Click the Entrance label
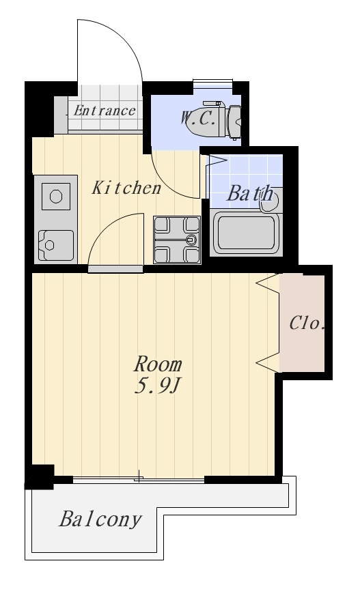coord(104,111)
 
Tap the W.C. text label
coord(198,118)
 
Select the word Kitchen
coord(126,188)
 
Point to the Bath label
coord(250,194)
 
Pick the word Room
coord(158,365)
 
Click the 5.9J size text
coord(157,386)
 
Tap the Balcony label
coord(100,519)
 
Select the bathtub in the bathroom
coord(246,233)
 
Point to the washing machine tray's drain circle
coord(191,240)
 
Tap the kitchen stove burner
coord(56,197)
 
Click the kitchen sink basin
coord(56,246)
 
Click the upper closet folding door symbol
coord(268,283)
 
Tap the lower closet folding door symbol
coord(268,362)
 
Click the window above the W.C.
coord(212,81)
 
